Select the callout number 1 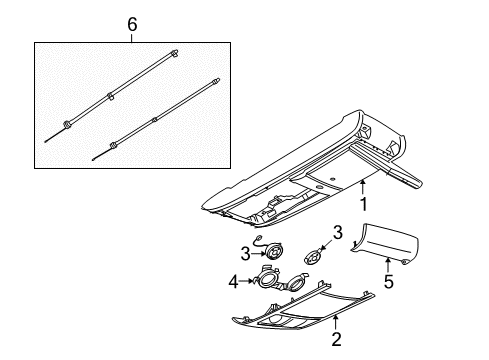pyautogui.click(x=365, y=205)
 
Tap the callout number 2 pyautogui.click(x=336, y=339)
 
